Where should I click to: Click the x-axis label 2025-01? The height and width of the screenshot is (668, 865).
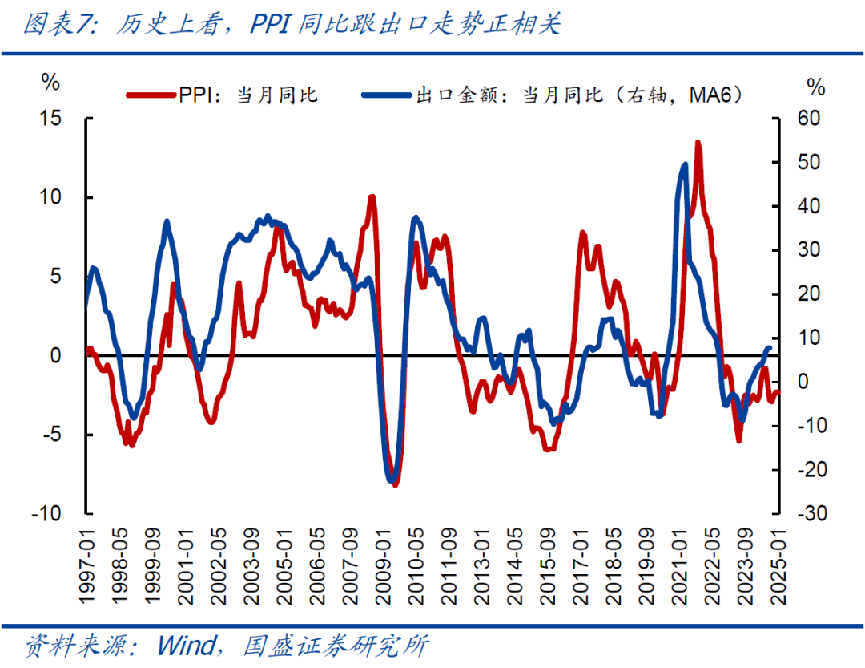(775, 561)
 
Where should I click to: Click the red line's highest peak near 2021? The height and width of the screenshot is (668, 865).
(698, 143)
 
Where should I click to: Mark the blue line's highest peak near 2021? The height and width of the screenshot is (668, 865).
(685, 164)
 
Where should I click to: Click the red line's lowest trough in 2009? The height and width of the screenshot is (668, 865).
(395, 484)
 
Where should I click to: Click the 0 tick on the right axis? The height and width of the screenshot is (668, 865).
(802, 382)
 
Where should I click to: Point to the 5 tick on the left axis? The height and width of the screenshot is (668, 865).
(55, 277)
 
